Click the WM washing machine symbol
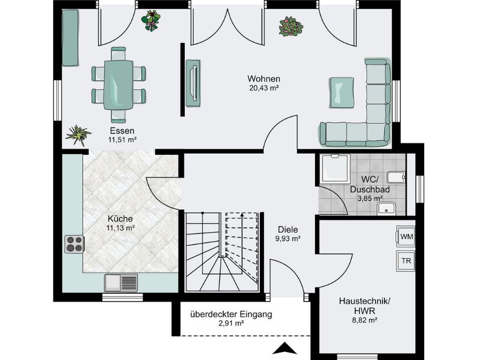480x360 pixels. point(406,236)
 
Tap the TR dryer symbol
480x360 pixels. point(406,261)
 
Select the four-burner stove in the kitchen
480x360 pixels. point(74,244)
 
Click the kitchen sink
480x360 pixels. point(121,282)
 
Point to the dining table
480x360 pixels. point(118,85)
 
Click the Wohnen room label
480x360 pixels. point(264,79)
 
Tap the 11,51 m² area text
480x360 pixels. point(122,140)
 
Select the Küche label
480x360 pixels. point(121,219)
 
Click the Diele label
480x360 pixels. point(288,229)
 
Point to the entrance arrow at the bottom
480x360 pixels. point(284,348)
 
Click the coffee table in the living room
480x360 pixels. point(341,93)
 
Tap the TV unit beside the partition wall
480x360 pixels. point(193,83)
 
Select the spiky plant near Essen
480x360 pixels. point(78,134)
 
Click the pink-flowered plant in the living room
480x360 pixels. point(291,27)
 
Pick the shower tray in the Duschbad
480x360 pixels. point(335,169)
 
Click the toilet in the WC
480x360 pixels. point(396,177)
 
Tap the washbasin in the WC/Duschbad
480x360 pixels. point(386,209)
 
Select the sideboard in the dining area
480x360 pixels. point(70,37)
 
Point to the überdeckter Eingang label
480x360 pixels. point(231,314)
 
